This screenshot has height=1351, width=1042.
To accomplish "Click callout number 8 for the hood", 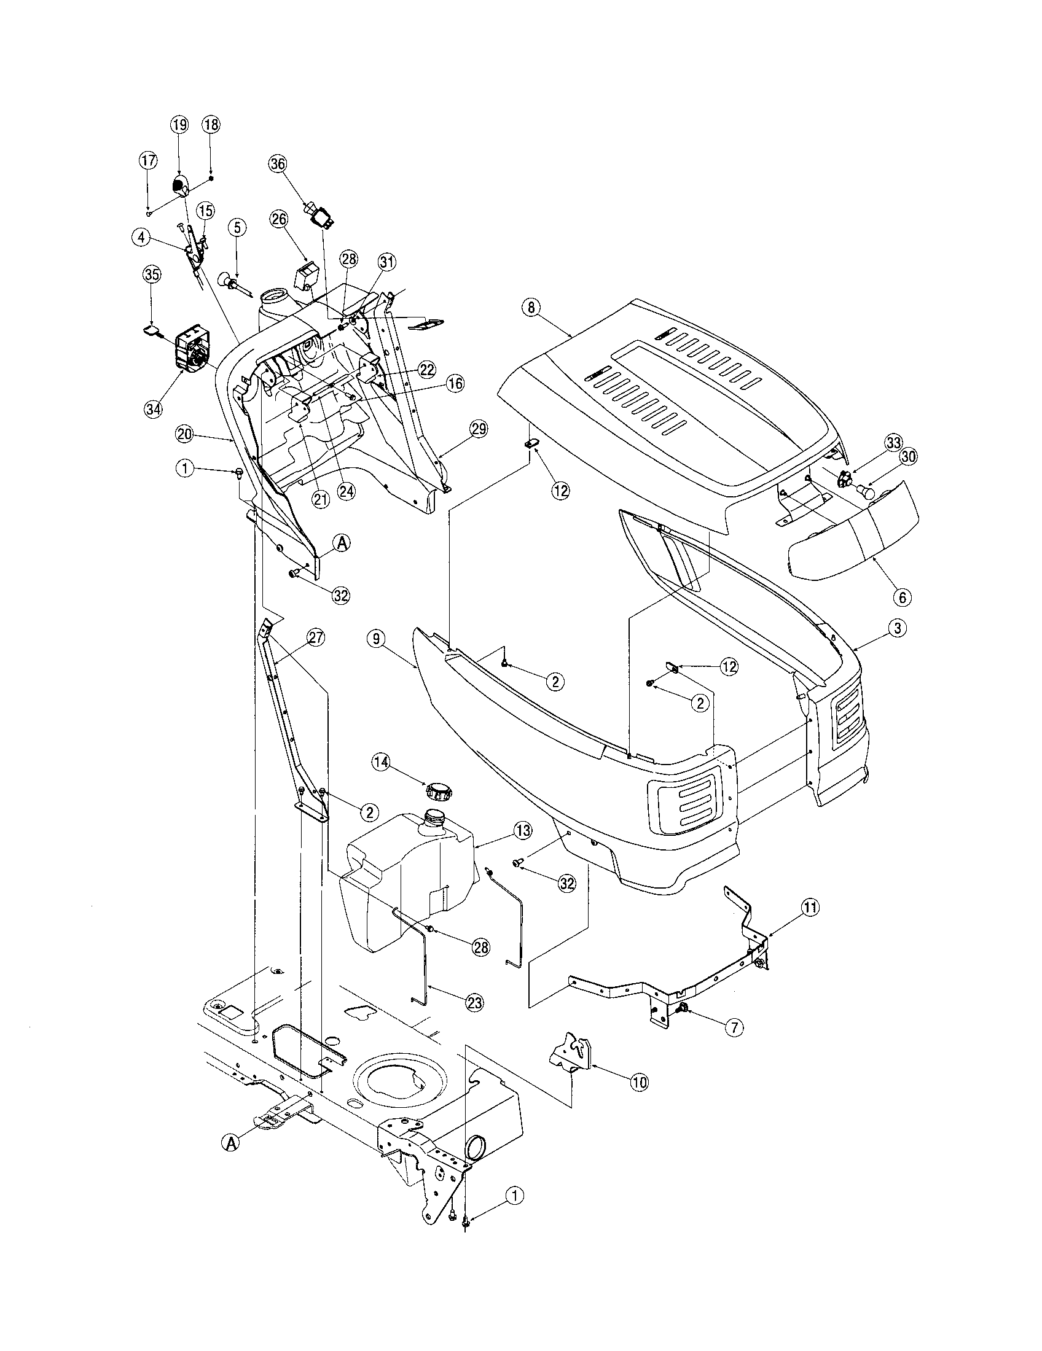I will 530,308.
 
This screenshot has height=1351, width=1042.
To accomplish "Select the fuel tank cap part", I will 438,790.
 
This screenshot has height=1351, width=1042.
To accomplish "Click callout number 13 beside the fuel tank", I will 522,830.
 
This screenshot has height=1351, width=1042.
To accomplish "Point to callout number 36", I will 278,164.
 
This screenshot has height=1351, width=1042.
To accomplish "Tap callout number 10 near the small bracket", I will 639,1082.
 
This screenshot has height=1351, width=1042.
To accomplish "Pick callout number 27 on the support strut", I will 316,639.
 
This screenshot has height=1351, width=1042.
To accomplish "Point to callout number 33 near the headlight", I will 892,443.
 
